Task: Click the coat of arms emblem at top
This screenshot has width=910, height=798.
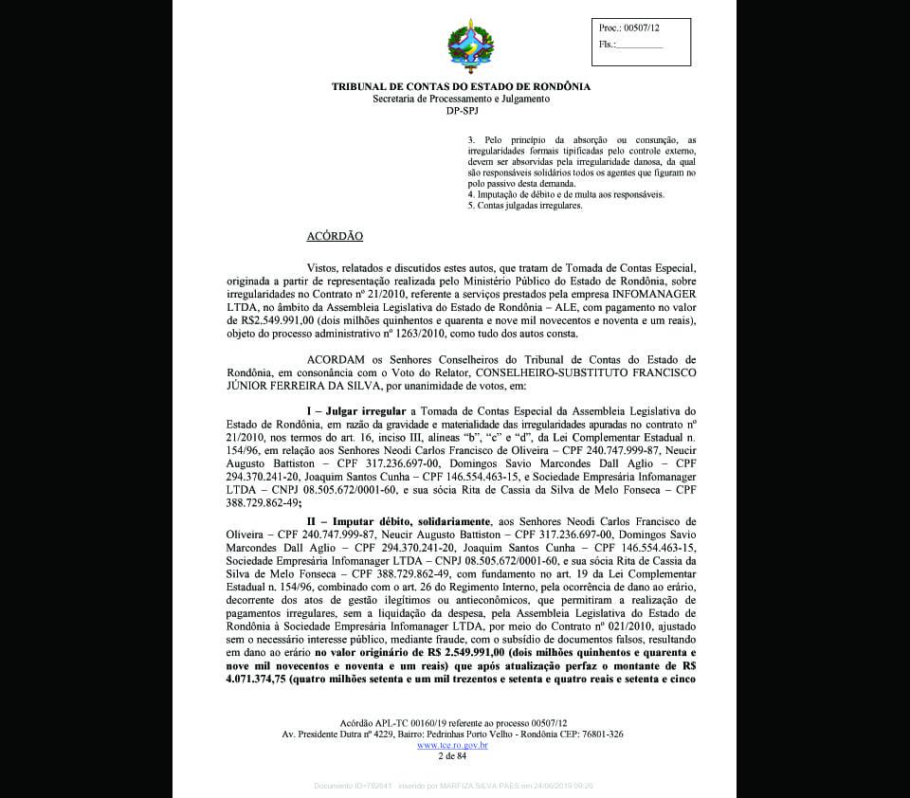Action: pos(470,49)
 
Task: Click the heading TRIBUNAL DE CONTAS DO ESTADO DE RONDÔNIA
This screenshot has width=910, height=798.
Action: pos(461,86)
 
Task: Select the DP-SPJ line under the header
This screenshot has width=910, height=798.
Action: pos(461,111)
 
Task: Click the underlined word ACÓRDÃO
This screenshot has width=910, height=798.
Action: pos(335,236)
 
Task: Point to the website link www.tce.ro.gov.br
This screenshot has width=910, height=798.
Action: pos(452,745)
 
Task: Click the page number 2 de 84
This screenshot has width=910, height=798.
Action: pos(452,756)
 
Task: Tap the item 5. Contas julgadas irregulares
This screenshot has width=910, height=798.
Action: pos(524,205)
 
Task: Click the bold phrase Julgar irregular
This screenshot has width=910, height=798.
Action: pos(365,410)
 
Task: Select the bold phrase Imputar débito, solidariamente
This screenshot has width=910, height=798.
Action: pos(398,521)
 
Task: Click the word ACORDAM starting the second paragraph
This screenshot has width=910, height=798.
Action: pos(335,360)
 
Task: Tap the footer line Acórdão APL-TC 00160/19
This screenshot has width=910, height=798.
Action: pos(452,723)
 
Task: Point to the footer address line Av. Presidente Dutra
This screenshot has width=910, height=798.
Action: pos(452,735)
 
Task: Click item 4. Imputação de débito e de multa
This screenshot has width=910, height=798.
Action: pos(566,194)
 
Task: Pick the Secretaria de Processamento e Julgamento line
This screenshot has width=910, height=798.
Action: pos(461,99)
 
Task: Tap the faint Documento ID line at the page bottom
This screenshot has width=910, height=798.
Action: pos(453,786)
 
